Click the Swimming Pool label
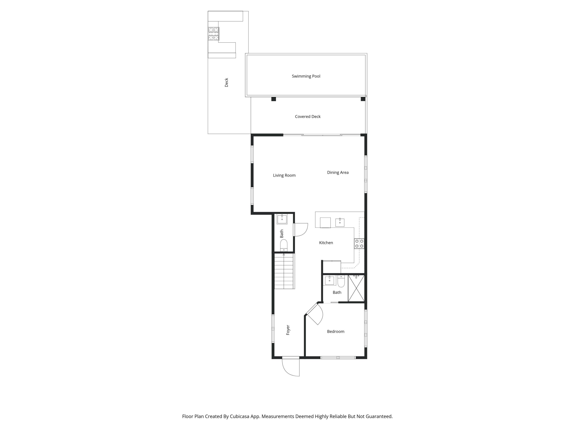pyautogui.click(x=306, y=76)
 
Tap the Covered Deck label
pyautogui.click(x=307, y=117)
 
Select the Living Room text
pyautogui.click(x=284, y=175)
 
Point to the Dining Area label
pyautogui.click(x=338, y=173)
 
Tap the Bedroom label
pyautogui.click(x=336, y=332)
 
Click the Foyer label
pyautogui.click(x=288, y=330)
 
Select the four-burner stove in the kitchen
pyautogui.click(x=359, y=244)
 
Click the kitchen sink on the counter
pyautogui.click(x=340, y=223)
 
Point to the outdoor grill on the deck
pyautogui.click(x=213, y=34)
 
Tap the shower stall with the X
pyautogui.click(x=356, y=288)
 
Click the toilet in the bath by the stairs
pyautogui.click(x=284, y=245)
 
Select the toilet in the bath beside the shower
pyautogui.click(x=341, y=281)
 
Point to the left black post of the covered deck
pyautogui.click(x=274, y=99)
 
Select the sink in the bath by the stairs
pyautogui.click(x=282, y=219)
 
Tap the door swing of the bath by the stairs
pyautogui.click(x=301, y=230)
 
